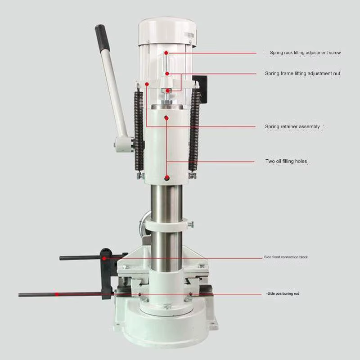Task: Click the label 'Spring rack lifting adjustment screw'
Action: [305, 53]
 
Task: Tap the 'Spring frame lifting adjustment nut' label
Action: [302, 73]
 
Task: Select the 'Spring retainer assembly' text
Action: [292, 126]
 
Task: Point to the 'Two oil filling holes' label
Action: [286, 161]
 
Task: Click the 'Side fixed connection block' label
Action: [286, 257]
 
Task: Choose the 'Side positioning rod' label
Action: [283, 293]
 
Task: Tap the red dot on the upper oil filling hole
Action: [166, 118]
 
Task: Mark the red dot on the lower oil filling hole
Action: [167, 178]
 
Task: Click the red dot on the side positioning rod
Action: [57, 294]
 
